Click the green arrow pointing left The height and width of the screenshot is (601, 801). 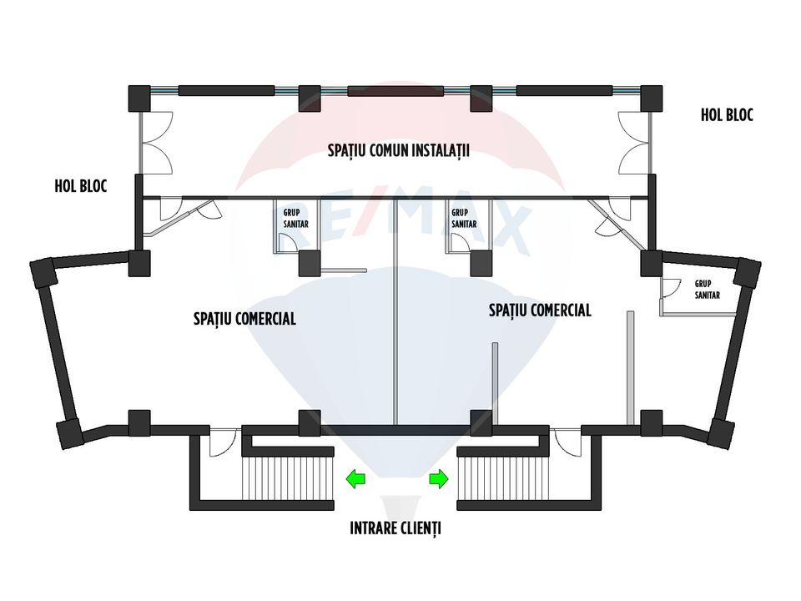click(x=355, y=479)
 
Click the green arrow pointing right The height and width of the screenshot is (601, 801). click(x=439, y=479)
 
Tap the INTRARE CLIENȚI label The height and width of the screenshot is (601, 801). click(x=395, y=528)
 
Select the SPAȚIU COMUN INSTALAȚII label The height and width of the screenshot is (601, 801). click(x=399, y=151)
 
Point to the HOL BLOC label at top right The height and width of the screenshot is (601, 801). click(x=727, y=115)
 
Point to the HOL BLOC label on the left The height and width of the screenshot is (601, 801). click(x=81, y=186)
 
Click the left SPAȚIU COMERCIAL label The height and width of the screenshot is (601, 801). click(x=244, y=319)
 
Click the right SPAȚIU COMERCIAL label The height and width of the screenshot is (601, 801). click(x=540, y=311)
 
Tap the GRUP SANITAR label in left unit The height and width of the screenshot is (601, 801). click(x=295, y=218)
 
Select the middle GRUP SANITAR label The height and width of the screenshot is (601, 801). click(x=464, y=218)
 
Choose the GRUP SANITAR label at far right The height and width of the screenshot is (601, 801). click(x=708, y=290)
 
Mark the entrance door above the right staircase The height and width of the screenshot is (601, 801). click(x=567, y=441)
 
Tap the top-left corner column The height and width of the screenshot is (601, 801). click(x=139, y=98)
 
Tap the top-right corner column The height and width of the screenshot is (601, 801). click(x=652, y=98)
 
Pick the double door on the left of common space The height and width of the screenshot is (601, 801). click(x=157, y=143)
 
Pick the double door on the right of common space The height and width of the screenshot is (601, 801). click(x=635, y=143)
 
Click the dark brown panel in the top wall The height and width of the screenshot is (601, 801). click(x=395, y=92)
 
